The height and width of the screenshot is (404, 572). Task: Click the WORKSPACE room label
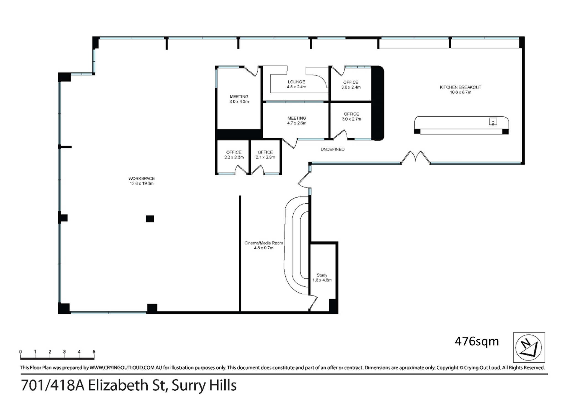point(142,179)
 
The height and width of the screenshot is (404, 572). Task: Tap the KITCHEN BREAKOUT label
point(461,87)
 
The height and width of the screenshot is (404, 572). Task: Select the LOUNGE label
point(296,82)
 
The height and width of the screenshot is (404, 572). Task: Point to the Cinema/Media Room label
point(264,243)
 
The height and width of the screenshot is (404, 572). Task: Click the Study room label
point(322,275)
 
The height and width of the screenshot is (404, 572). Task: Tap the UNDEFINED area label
point(333,149)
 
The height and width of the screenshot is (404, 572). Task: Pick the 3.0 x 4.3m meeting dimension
point(239,102)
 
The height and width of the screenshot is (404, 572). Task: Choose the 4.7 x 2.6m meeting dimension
point(297,123)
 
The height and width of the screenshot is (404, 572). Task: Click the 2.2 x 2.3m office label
point(234,157)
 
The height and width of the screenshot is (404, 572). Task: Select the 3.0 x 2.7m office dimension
point(351,119)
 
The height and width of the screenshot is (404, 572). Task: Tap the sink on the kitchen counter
point(493,122)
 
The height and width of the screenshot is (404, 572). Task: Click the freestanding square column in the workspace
point(150,219)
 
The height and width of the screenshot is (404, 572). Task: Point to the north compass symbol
point(529,347)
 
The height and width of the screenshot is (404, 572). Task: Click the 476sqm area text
point(477,342)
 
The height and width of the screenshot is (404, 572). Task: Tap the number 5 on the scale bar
point(94,352)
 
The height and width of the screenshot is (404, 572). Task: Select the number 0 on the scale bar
point(20,352)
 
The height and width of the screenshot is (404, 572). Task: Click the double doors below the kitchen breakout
point(416,158)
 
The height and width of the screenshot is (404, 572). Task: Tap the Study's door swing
point(313,303)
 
